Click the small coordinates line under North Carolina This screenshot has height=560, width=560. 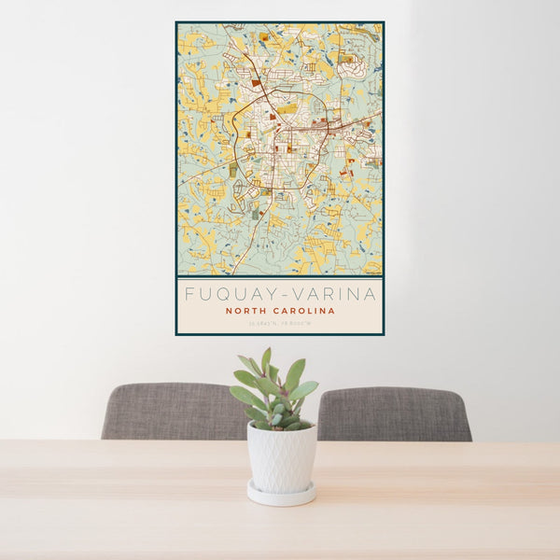point(280,324)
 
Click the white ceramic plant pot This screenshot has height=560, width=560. point(281,457)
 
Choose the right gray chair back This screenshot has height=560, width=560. point(396,413)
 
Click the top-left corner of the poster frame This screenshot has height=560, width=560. point(176,22)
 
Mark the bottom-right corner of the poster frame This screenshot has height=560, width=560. point(384,334)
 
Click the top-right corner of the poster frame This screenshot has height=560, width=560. point(384,22)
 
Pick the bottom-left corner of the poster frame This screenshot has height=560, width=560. point(176,334)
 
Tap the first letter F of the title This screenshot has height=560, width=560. point(189,294)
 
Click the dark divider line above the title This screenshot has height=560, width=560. point(280,277)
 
